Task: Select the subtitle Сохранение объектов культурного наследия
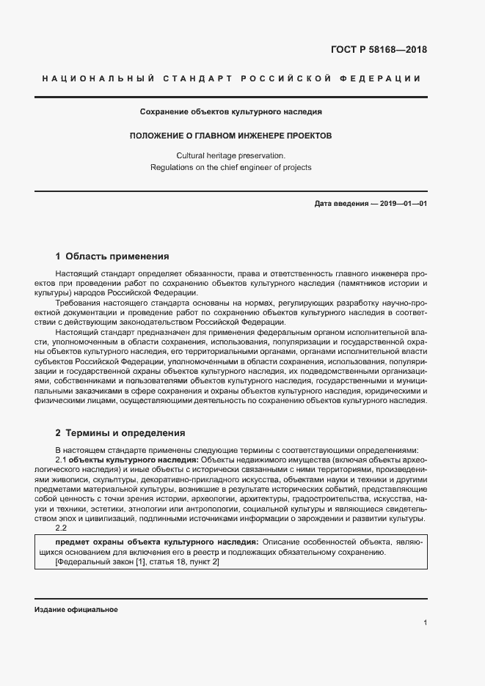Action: click(x=231, y=112)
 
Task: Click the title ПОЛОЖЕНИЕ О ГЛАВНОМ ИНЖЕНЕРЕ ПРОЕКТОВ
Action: click(x=231, y=136)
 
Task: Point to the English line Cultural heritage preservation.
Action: click(x=231, y=155)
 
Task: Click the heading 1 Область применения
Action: click(x=112, y=257)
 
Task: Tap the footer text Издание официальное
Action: click(x=76, y=610)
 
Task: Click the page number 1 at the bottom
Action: click(x=425, y=622)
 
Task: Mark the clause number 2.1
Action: click(x=61, y=459)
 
